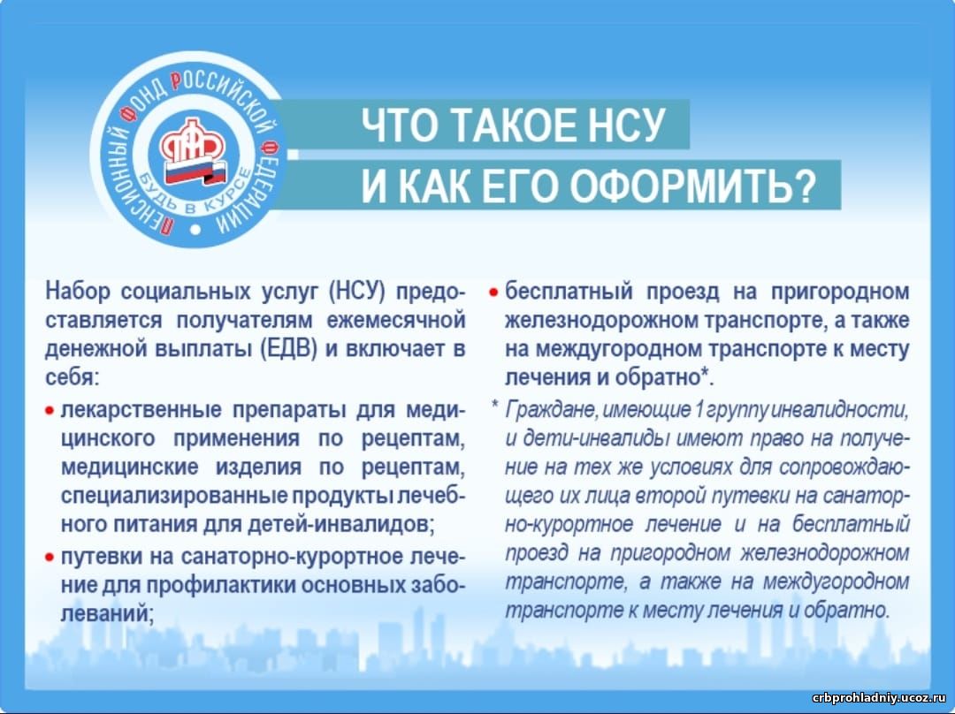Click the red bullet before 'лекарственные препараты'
pyautogui.click(x=50, y=412)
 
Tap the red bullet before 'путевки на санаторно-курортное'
pyautogui.click(x=50, y=557)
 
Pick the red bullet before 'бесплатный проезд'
pyautogui.click(x=494, y=292)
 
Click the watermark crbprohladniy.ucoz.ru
pyautogui.click(x=880, y=697)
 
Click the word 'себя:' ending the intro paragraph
pyautogui.click(x=72, y=378)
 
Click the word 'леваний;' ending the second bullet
pyautogui.click(x=107, y=613)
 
